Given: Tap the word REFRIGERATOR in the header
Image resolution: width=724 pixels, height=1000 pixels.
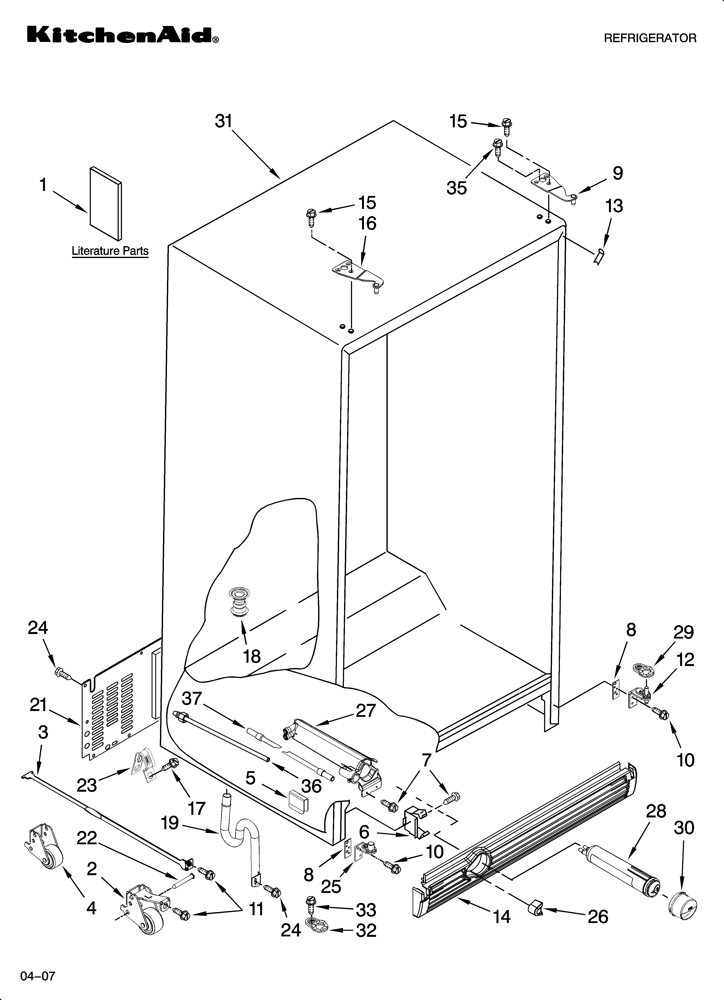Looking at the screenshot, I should click(650, 38).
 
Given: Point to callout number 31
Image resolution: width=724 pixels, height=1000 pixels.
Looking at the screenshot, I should click(224, 121).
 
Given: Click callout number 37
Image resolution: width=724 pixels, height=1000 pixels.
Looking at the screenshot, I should click(192, 698).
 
